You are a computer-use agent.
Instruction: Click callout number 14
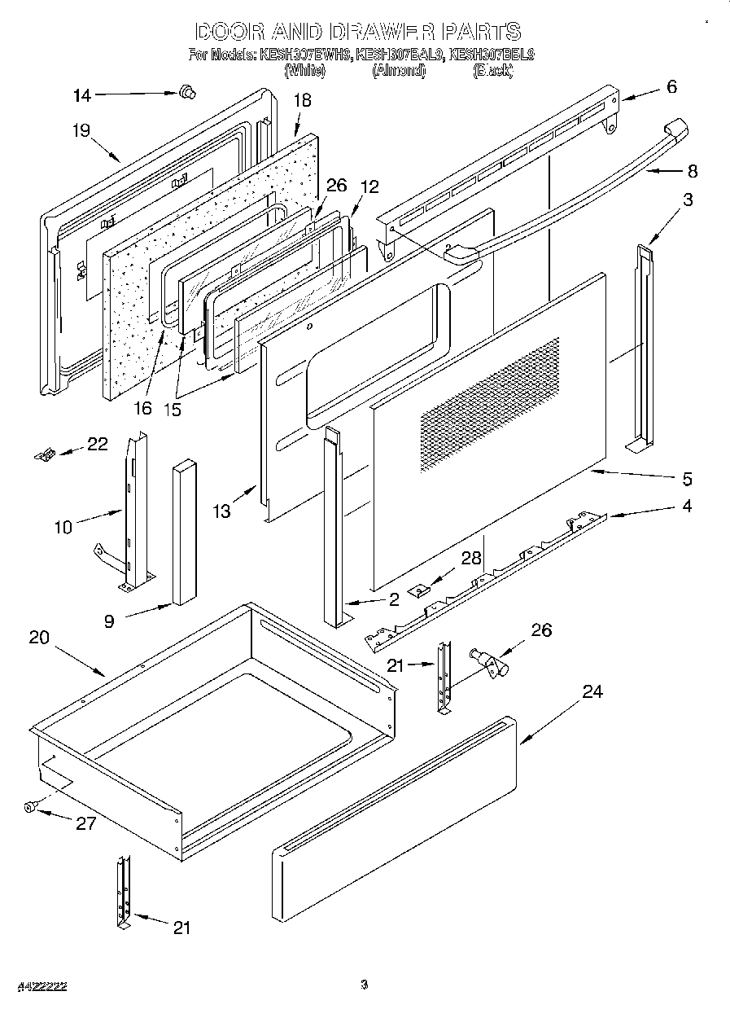pyautogui.click(x=82, y=95)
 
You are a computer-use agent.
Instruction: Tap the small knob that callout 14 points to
pyautogui.click(x=187, y=93)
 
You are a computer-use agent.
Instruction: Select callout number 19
pyautogui.click(x=80, y=130)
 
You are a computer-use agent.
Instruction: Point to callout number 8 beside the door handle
pyautogui.click(x=692, y=172)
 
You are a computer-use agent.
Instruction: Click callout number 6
pyautogui.click(x=671, y=87)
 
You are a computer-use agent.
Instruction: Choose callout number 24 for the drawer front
pyautogui.click(x=592, y=691)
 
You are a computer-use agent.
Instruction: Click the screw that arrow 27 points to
pyautogui.click(x=31, y=806)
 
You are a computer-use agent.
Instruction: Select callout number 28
pyautogui.click(x=470, y=558)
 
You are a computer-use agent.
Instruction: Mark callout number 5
pyautogui.click(x=687, y=478)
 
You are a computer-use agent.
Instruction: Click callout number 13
pyautogui.click(x=221, y=511)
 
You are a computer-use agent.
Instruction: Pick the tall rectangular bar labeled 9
pyautogui.click(x=183, y=533)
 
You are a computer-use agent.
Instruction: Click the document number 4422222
pyautogui.click(x=40, y=986)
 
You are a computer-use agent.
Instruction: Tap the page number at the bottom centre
pyautogui.click(x=365, y=985)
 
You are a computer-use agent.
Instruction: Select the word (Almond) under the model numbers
pyautogui.click(x=399, y=71)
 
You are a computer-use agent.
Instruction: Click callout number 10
pyautogui.click(x=63, y=527)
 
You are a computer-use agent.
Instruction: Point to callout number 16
pyautogui.click(x=142, y=408)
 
